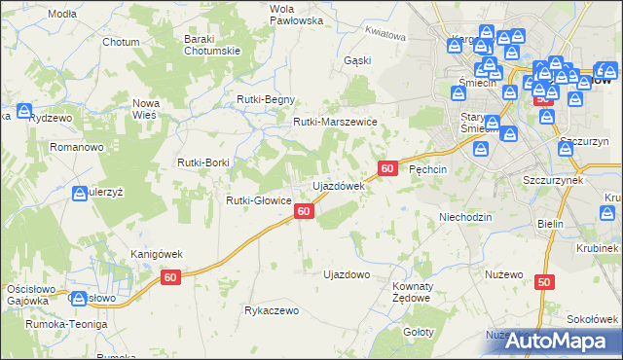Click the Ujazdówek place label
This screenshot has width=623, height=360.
click(338, 185)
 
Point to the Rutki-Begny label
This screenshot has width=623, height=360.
click(266, 99)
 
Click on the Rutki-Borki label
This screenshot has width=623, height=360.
click(202, 162)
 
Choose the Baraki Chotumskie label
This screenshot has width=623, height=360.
click(212, 45)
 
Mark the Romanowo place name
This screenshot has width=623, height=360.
click(77, 147)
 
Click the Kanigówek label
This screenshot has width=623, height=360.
click(157, 254)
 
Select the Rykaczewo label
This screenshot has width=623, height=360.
click(272, 310)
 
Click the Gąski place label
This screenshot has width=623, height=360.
click(357, 60)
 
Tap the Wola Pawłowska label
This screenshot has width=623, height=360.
click(269, 14)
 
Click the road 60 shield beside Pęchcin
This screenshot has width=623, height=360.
click(387, 168)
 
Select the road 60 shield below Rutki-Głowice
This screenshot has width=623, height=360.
click(305, 210)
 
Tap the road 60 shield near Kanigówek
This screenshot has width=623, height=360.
click(171, 278)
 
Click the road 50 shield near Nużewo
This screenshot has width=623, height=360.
click(543, 281)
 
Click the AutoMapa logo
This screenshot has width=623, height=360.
click(552, 342)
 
